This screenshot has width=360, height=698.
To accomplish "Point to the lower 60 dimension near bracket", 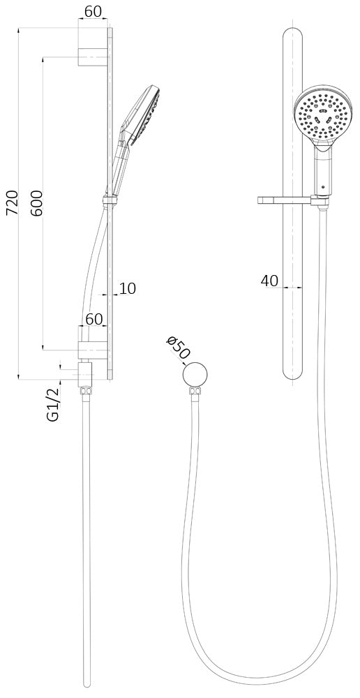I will point(94,319).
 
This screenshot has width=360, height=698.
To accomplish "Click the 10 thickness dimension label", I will point(127,288).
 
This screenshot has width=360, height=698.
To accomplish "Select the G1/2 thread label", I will point(53,405).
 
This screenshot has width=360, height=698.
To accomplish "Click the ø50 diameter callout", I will point(178,347).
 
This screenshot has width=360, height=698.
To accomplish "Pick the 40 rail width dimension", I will point(269,281).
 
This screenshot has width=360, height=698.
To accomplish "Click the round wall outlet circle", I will point(195,375).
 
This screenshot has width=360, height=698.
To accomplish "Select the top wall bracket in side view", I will point(91,47).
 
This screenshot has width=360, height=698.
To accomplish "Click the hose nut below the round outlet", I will point(195,392).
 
